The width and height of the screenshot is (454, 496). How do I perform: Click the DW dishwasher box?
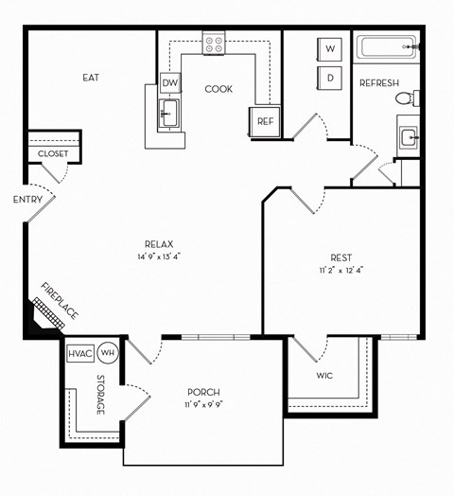170,84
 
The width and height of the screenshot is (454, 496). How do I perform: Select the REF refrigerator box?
265,120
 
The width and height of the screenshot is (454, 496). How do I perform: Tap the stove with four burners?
215,43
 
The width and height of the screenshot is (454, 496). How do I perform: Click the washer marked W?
331,48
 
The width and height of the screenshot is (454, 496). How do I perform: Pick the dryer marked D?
331,78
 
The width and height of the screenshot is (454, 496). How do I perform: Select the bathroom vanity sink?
408,137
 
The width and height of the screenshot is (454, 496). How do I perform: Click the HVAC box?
79,354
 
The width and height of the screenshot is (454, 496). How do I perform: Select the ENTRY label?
26,200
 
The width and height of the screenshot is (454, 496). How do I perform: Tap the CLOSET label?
53,153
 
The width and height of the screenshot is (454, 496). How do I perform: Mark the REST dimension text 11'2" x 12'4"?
340,270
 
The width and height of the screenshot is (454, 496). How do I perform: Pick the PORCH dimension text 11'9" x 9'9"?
202,405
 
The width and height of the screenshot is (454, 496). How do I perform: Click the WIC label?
324,376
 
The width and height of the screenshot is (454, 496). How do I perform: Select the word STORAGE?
100,394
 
